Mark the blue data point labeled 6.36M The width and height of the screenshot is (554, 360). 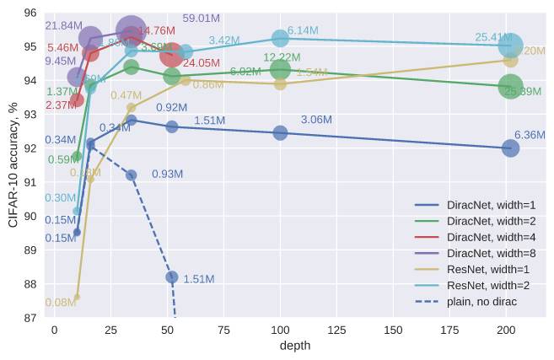pos(510,148)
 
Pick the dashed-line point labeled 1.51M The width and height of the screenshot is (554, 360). pos(172,277)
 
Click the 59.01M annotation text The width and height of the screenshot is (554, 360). pos(202,18)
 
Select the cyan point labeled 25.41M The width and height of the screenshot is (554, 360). pos(510,46)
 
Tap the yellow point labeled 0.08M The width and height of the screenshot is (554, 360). pos(77,297)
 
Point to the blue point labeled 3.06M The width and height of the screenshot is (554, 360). pos(280,132)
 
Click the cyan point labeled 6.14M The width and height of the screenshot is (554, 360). pos(280,38)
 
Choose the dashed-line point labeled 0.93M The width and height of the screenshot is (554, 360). pos(131,175)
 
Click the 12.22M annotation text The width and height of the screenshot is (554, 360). pos(282,57)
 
